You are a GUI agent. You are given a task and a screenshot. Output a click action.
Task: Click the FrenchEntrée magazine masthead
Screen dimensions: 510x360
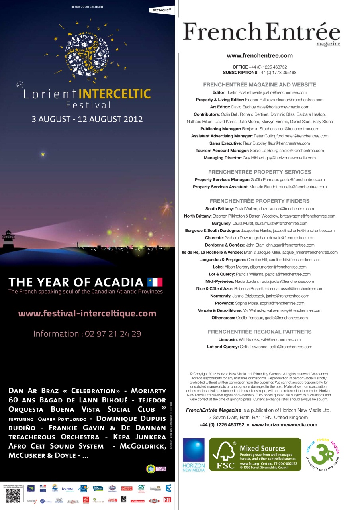point(261,33)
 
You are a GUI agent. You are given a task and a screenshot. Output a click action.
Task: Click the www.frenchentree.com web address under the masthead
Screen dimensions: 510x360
point(260,56)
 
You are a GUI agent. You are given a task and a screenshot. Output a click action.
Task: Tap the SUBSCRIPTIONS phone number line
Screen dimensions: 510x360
point(260,73)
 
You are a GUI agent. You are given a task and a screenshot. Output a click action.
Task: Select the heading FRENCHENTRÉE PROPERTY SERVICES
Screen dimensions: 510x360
point(260,172)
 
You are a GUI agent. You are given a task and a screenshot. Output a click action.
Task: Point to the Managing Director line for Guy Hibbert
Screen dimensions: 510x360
point(260,158)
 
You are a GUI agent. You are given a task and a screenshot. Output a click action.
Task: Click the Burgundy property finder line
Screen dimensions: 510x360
point(260,224)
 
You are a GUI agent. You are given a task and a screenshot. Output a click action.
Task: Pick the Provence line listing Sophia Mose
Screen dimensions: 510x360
point(260,303)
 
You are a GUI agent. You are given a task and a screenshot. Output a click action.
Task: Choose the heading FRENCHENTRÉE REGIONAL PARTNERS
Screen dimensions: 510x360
point(260,332)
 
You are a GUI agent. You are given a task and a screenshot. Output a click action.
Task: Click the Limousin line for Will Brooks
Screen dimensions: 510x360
point(260,339)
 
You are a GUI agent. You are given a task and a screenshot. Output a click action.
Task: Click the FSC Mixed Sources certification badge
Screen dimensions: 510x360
point(255,455)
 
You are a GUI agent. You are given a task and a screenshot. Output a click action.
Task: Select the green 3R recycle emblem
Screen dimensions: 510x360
point(323,455)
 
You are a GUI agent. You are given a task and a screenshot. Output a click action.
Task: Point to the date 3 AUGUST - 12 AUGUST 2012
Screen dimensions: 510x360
point(87,119)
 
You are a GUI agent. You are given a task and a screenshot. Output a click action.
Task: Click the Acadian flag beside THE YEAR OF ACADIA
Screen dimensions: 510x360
point(155,282)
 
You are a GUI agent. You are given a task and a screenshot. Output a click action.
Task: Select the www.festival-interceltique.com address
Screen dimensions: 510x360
point(87,314)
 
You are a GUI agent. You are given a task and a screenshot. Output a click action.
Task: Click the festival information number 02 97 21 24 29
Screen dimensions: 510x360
point(87,333)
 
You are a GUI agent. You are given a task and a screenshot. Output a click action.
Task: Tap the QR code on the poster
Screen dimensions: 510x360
point(13,496)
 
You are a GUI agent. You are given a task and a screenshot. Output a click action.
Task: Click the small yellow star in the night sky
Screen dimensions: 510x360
point(43,154)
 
